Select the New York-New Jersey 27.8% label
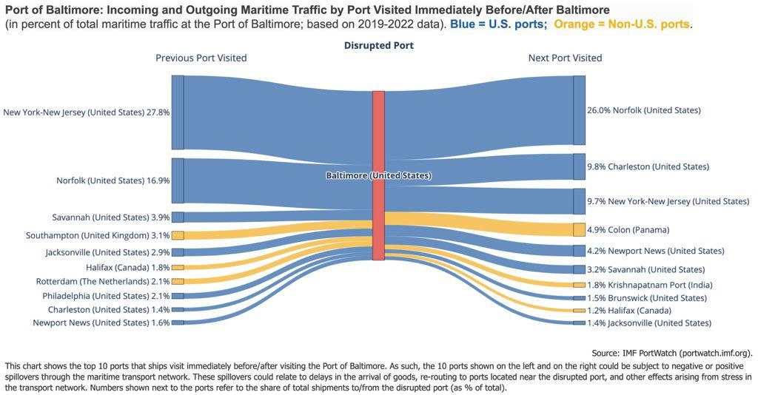point(87,113)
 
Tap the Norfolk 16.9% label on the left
point(113,180)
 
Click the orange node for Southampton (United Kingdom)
point(178,235)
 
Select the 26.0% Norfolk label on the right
point(643,110)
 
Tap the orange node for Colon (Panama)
point(579,229)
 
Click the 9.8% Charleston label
point(648,166)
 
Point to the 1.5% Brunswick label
point(647,298)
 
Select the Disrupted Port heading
point(378,46)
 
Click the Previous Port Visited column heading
point(201,58)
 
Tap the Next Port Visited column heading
point(565,58)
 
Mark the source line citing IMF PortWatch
point(672,353)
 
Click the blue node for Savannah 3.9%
point(178,217)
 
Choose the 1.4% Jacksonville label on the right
point(649,323)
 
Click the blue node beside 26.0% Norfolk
point(579,110)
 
